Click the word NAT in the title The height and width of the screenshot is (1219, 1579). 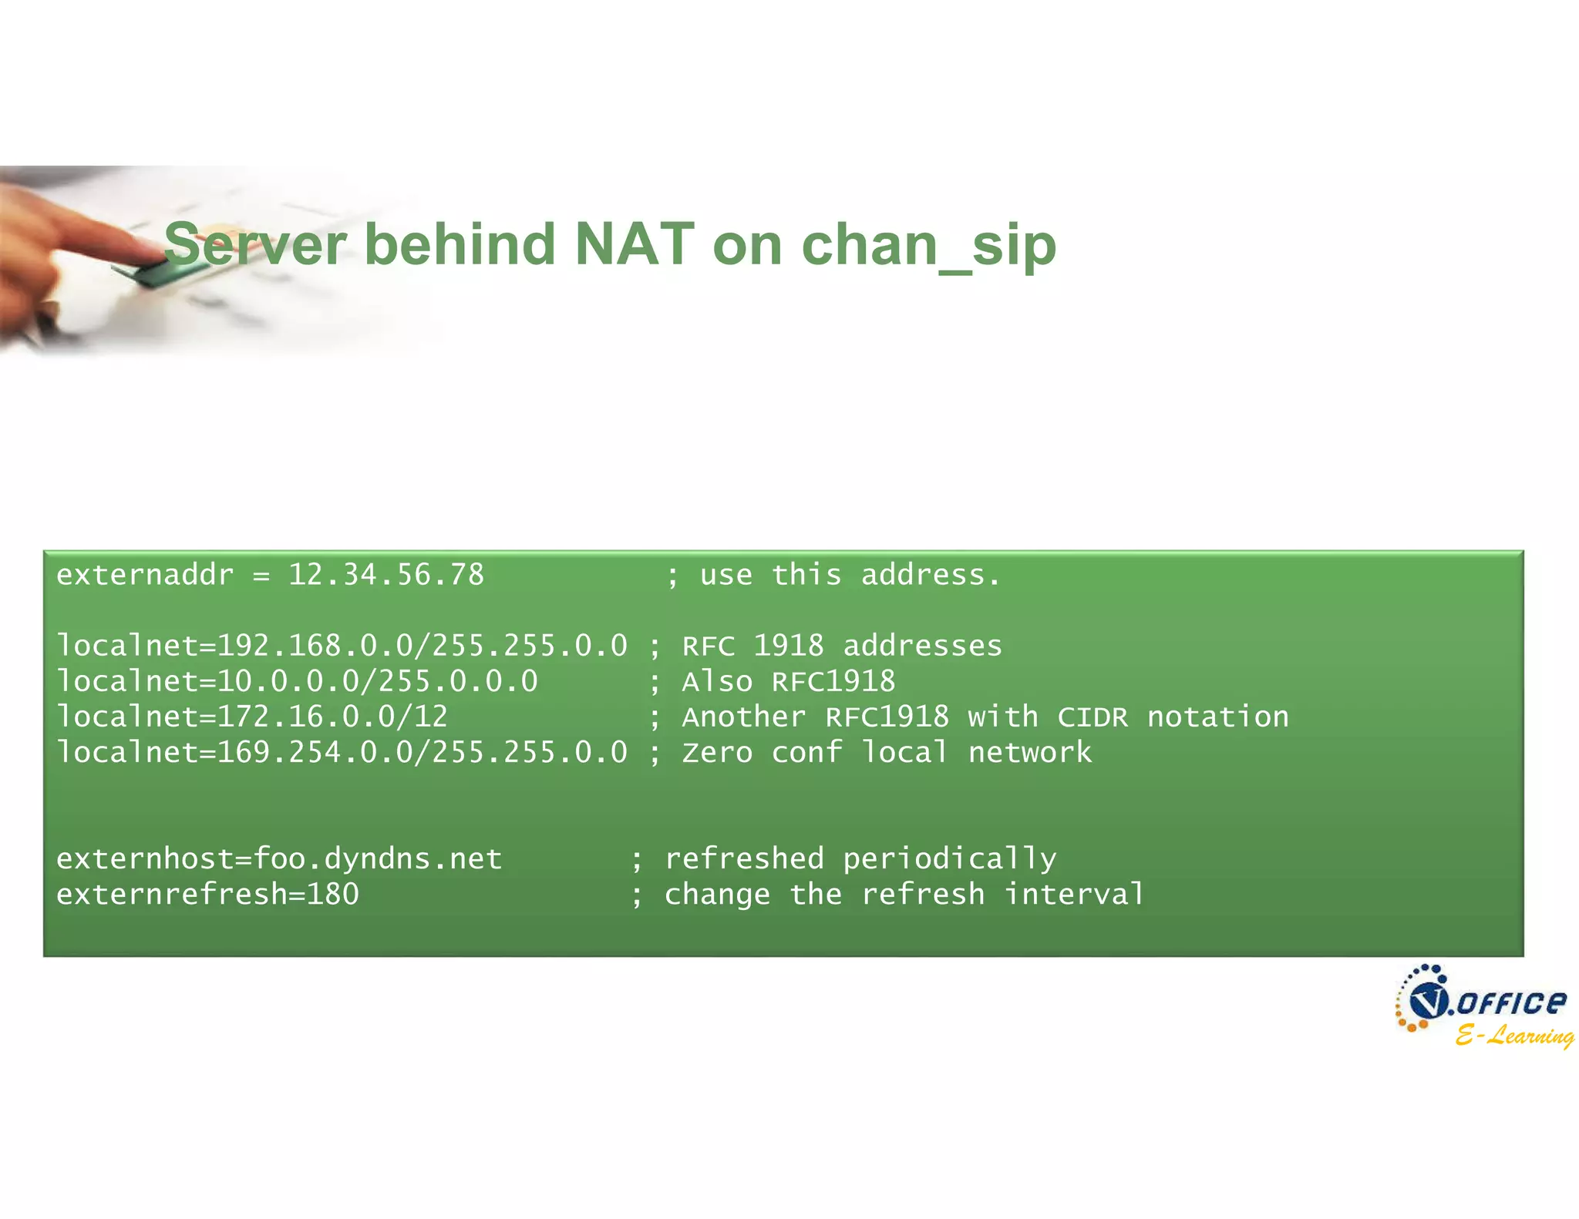(635, 244)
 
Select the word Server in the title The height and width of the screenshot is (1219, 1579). (255, 244)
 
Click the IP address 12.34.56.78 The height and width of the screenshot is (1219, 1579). (386, 575)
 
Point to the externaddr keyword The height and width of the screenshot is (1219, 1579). (145, 575)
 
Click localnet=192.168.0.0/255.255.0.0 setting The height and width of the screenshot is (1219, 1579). (342, 646)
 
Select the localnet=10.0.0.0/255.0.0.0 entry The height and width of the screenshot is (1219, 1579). (298, 681)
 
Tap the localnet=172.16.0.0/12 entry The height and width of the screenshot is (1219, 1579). (252, 717)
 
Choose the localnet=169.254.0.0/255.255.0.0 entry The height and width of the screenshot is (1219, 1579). (342, 752)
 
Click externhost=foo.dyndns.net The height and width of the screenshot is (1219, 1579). (279, 858)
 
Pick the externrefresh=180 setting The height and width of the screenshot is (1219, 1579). (207, 894)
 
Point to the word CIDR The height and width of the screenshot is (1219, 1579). (1093, 717)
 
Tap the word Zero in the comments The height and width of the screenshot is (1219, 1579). (717, 752)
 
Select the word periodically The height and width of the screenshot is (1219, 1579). (949, 858)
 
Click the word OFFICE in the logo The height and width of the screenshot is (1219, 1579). (1510, 1002)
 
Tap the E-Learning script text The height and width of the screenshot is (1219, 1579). (1514, 1035)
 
